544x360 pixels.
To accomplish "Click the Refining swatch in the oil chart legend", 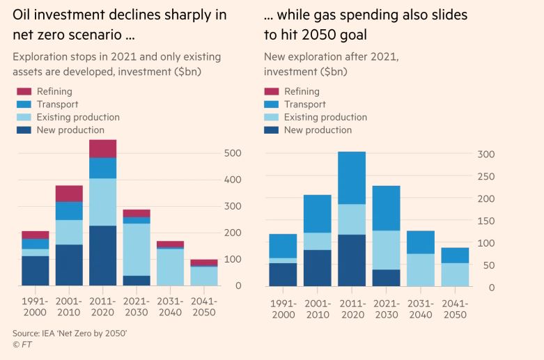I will click(24, 91).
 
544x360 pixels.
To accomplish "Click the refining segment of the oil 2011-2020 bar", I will click(102, 148).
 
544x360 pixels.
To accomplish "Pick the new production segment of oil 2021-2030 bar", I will click(137, 281).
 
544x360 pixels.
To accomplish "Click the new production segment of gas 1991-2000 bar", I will click(283, 274).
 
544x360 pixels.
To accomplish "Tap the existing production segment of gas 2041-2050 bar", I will click(454, 274).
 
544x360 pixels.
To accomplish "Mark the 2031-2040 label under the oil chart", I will click(171, 308).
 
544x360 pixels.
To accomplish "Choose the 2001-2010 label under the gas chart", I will click(317, 309).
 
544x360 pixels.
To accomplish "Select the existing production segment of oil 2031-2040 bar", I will click(171, 267).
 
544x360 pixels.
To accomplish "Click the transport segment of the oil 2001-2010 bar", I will click(69, 210).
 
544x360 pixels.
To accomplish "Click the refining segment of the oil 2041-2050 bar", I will click(204, 263).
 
